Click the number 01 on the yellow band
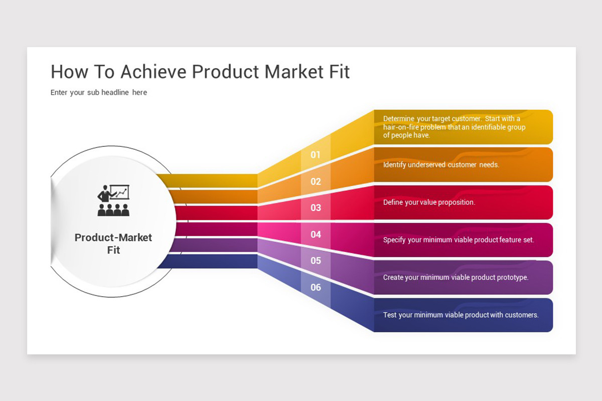(315, 155)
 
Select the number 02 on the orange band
(316, 181)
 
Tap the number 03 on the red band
(316, 208)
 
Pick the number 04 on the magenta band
(316, 234)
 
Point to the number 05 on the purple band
(316, 261)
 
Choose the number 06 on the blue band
(316, 287)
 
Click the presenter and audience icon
(113, 200)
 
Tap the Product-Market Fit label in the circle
(113, 243)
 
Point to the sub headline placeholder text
(99, 92)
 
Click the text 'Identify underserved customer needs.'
(441, 164)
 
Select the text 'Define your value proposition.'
(429, 203)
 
